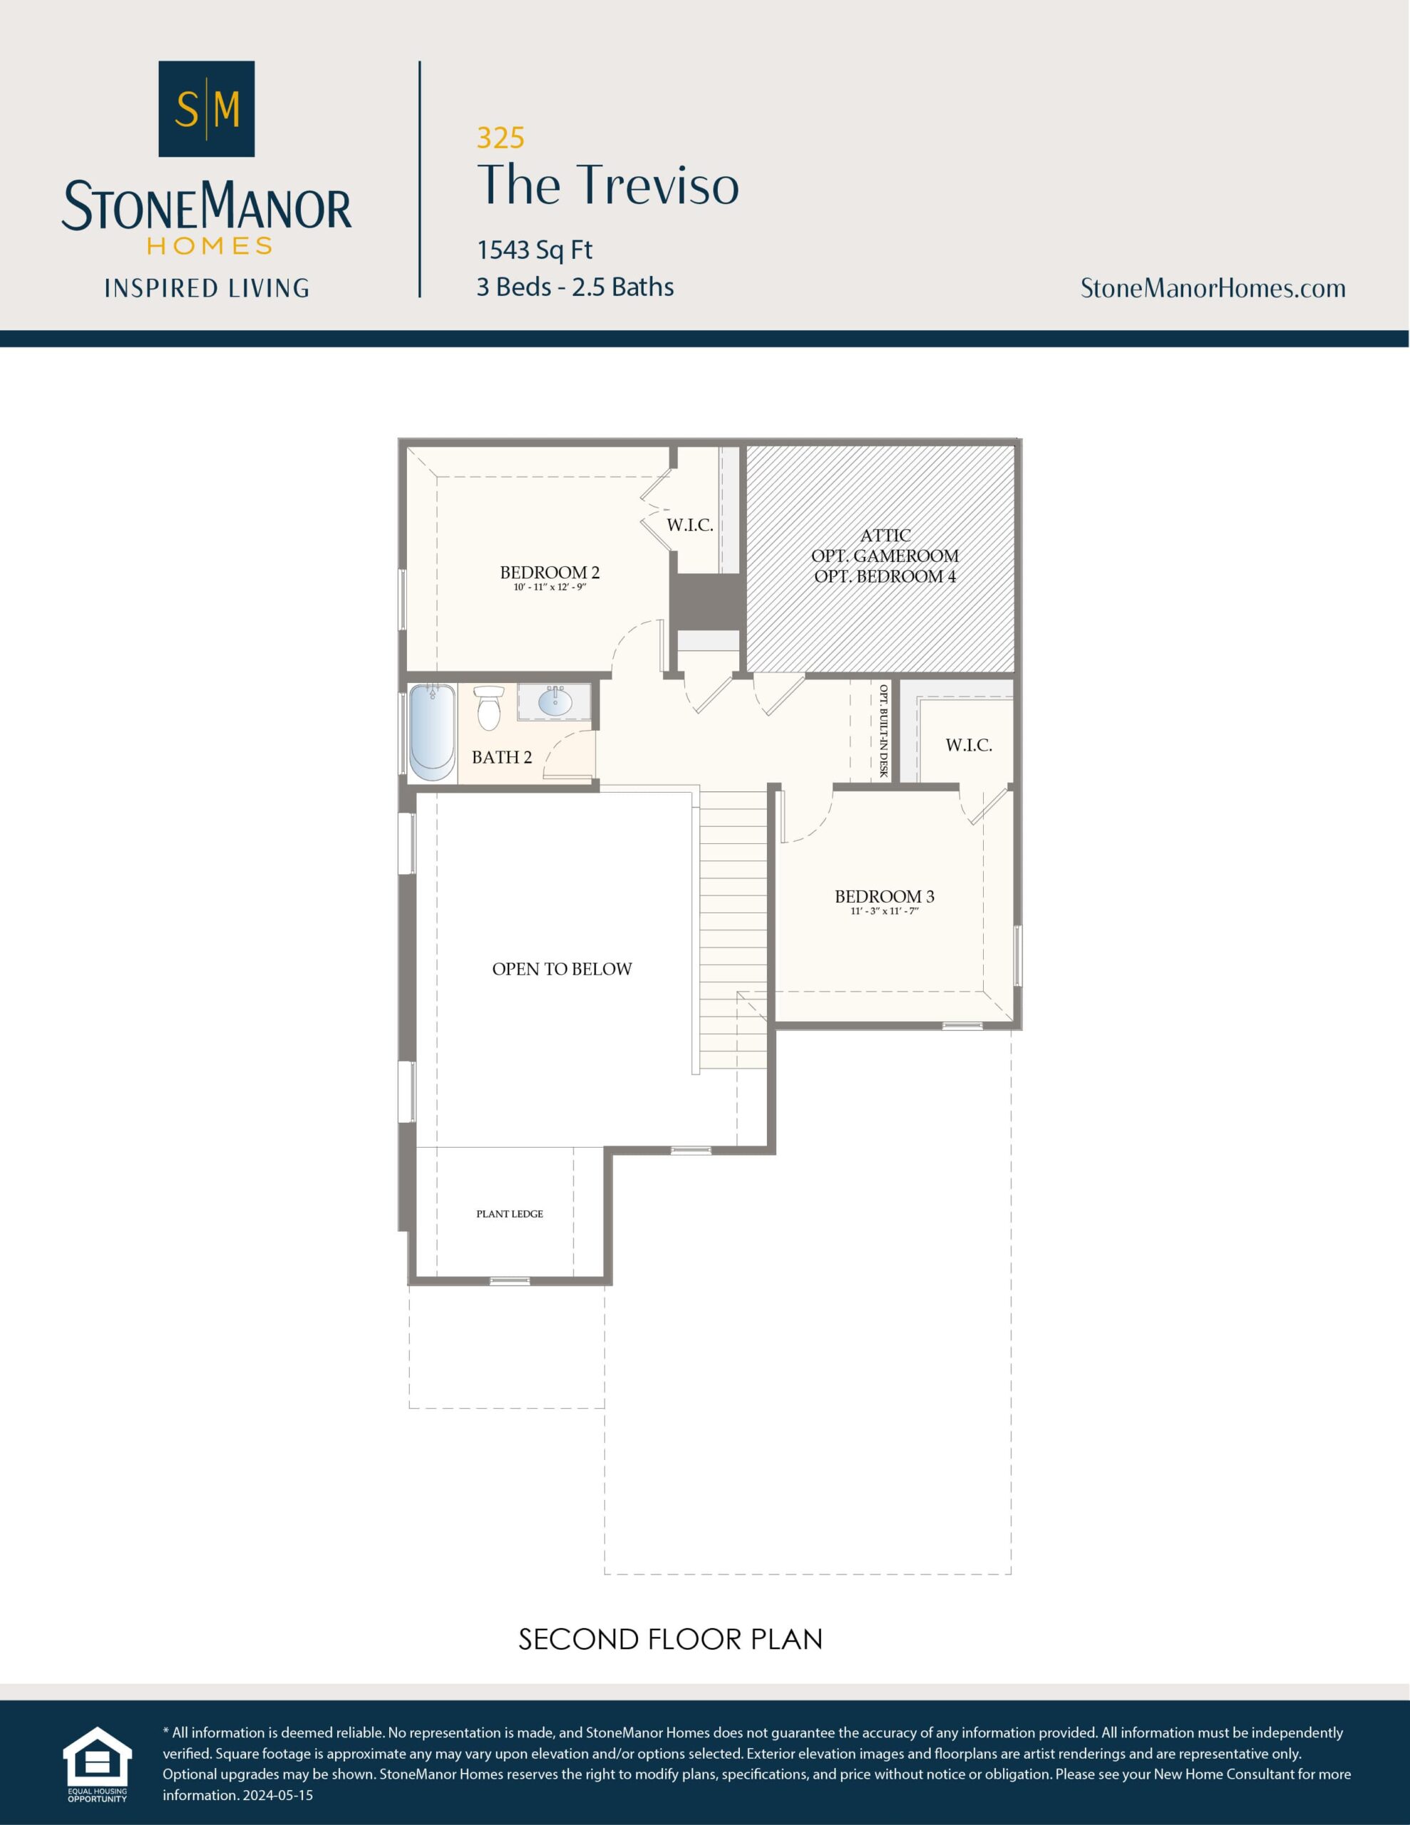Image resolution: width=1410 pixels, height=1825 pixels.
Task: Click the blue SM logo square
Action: [207, 108]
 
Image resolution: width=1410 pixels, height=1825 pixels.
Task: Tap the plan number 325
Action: [500, 137]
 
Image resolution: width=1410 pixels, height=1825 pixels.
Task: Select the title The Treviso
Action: [607, 185]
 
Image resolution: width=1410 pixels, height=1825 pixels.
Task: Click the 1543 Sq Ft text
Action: [534, 250]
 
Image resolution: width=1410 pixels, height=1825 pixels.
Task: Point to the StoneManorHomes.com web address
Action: [1213, 288]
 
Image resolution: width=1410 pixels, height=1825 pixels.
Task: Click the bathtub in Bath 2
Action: [432, 732]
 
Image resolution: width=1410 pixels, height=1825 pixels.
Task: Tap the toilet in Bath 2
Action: [489, 708]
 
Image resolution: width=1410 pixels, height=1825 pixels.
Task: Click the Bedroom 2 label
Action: [549, 572]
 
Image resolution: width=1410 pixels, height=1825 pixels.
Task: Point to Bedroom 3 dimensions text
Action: [885, 911]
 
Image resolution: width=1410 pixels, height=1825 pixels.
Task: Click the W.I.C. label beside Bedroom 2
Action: [689, 525]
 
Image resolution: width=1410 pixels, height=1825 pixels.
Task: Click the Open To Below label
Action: [562, 969]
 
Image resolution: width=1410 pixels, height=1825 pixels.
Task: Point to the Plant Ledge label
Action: [509, 1213]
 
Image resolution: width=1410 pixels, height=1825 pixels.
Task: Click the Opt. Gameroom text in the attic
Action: [885, 555]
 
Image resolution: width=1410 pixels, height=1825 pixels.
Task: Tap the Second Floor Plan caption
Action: [670, 1639]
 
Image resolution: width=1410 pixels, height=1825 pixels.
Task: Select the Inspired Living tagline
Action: [207, 288]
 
